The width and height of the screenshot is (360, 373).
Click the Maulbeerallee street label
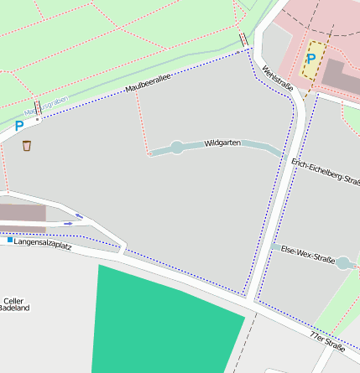pyautogui.click(x=148, y=83)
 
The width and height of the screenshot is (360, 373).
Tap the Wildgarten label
pyautogui.click(x=222, y=143)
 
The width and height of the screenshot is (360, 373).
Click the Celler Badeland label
pyautogui.click(x=15, y=303)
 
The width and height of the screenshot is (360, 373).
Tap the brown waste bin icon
pyautogui.click(x=27, y=146)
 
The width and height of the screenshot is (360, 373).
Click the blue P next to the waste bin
pyautogui.click(x=18, y=127)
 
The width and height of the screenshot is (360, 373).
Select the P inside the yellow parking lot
pyautogui.click(x=311, y=59)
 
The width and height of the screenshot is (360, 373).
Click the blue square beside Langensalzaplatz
pyautogui.click(x=10, y=241)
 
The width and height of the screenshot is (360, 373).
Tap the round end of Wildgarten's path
pyautogui.click(x=176, y=148)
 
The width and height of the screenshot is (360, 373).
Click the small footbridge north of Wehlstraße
pyautogui.click(x=243, y=40)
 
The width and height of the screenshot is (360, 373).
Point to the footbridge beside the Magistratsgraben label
pyautogui.click(x=38, y=108)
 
